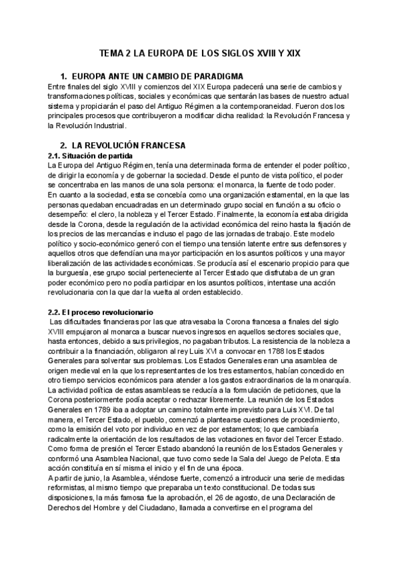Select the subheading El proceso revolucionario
pyautogui.click(x=101, y=312)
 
